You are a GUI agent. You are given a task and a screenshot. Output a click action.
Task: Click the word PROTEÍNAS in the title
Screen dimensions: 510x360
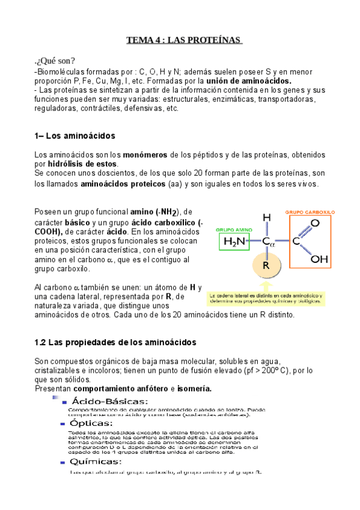click(x=215, y=40)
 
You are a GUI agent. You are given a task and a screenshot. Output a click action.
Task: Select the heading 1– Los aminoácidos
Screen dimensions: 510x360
click(x=75, y=136)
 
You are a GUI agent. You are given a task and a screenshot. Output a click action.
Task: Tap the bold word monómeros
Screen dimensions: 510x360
click(x=147, y=155)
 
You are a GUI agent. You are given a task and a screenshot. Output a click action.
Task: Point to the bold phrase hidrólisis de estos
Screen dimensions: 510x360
click(x=84, y=164)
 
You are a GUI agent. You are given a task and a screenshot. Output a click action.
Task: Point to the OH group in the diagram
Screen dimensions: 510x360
click(x=319, y=260)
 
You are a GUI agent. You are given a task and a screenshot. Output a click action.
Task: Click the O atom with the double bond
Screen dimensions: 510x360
click(x=315, y=223)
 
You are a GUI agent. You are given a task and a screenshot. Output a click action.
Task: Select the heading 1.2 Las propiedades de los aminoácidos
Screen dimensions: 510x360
click(x=115, y=342)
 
